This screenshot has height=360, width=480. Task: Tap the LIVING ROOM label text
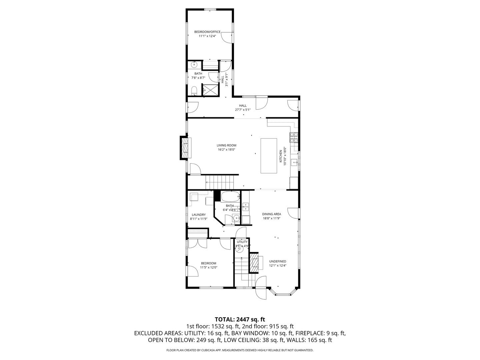pyautogui.click(x=226, y=145)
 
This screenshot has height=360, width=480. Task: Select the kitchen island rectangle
pyautogui.click(x=269, y=156)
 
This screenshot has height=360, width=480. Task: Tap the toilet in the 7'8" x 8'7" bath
pyautogui.click(x=194, y=90)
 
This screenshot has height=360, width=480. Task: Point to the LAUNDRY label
pyautogui.click(x=199, y=215)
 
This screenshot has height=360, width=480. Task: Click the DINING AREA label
pyautogui.click(x=271, y=214)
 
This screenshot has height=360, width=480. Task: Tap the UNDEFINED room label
pyautogui.click(x=278, y=261)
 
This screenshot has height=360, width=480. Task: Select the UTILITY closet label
pyautogui.click(x=242, y=242)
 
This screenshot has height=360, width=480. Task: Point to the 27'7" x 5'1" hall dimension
pyautogui.click(x=243, y=109)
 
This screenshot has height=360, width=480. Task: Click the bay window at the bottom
pyautogui.click(x=282, y=293)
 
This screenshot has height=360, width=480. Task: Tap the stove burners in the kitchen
pyautogui.click(x=294, y=137)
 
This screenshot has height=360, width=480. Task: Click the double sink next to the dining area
pyautogui.click(x=246, y=207)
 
